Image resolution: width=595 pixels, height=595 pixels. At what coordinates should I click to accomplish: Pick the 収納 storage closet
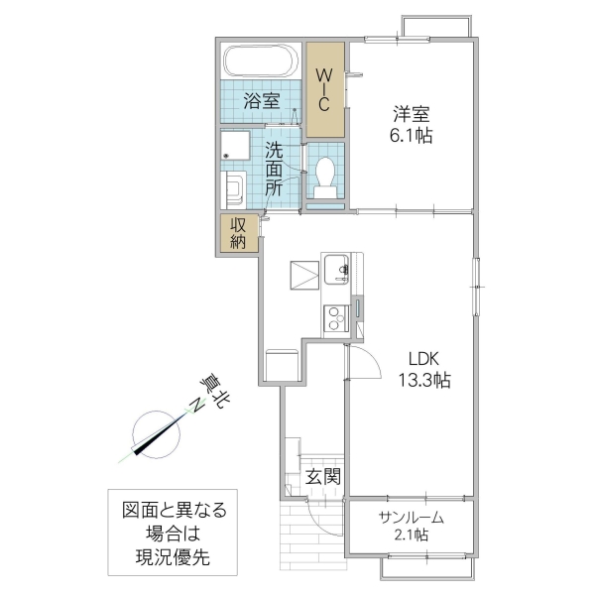239,233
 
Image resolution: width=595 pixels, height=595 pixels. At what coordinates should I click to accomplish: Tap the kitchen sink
335,269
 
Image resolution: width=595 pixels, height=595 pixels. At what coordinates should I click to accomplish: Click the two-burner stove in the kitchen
335,317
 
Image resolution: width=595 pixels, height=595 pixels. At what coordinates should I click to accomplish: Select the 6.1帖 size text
410,136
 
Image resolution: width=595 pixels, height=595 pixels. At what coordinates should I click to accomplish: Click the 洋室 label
410,113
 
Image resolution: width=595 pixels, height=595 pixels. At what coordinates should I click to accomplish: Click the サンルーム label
411,518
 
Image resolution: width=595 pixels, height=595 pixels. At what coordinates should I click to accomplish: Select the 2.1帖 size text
411,535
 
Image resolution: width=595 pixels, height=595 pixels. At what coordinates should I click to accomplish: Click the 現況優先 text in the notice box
175,558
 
